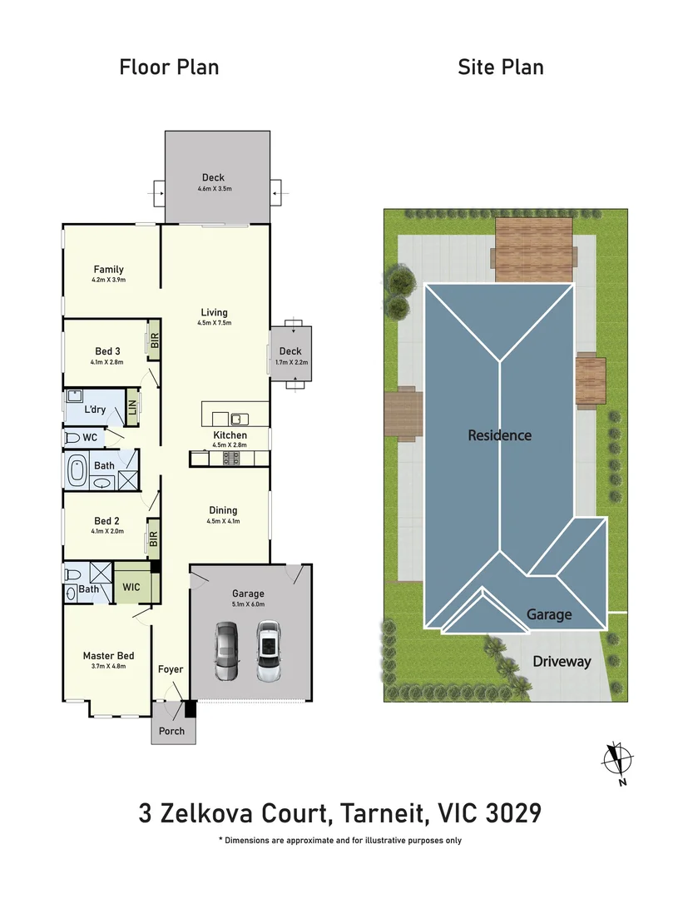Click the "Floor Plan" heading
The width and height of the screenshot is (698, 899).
[x=169, y=67]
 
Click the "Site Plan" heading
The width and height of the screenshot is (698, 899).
[x=500, y=67]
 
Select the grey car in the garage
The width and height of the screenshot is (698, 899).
[x=226, y=651]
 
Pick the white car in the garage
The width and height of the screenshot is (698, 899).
[x=267, y=651]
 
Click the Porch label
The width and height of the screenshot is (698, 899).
[x=172, y=731]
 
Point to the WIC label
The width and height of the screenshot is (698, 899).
[x=131, y=588]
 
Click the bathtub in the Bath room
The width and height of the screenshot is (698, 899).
[x=77, y=471]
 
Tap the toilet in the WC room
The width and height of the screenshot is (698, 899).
[x=72, y=437]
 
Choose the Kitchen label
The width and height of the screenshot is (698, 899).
[x=230, y=435]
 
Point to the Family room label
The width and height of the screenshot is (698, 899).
[x=108, y=269]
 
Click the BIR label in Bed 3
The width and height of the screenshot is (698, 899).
[x=154, y=341]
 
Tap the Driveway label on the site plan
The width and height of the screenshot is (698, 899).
[x=562, y=662]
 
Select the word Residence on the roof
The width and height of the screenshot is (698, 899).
[x=499, y=435]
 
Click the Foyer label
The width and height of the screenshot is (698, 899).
[x=171, y=669]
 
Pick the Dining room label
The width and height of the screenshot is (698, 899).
[x=223, y=510]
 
